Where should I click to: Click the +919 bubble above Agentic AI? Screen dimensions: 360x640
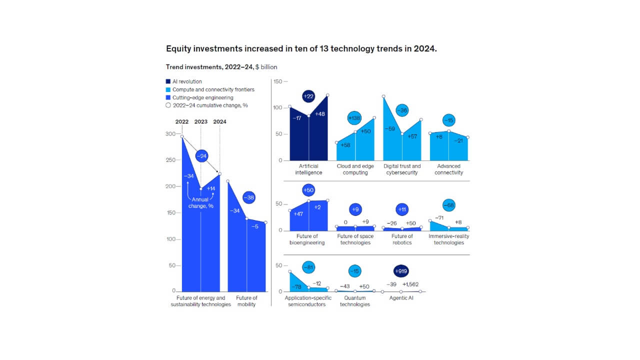401,271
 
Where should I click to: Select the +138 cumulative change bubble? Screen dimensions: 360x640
354,118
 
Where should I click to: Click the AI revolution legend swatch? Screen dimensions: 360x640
168,81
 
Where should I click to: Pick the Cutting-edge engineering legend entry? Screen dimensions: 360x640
202,97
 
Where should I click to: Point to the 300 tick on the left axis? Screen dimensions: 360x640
170,134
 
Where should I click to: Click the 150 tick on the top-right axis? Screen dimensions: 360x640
278,81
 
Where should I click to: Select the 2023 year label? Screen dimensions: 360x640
200,121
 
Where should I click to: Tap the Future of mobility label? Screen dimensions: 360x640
246,301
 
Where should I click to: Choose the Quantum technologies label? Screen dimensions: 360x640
354,301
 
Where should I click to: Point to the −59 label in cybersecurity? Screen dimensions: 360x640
390,129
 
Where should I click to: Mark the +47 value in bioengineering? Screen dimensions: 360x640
298,213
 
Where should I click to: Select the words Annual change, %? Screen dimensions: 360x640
200,202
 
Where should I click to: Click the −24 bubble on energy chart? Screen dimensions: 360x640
202,156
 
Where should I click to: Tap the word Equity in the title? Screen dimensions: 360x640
178,49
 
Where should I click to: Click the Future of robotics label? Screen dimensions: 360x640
402,239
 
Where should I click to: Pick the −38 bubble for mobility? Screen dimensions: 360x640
248,197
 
